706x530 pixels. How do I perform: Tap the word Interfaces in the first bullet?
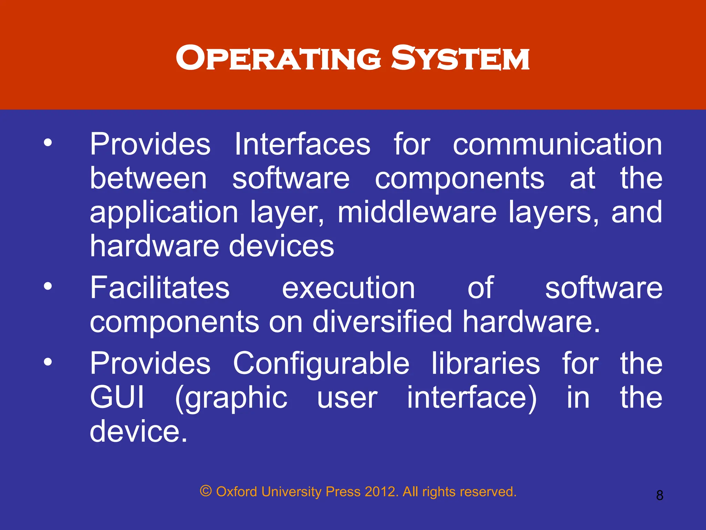[302, 144]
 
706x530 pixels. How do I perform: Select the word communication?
[557, 144]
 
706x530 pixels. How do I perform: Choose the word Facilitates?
[160, 288]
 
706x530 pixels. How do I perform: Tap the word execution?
[348, 288]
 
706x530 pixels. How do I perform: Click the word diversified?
[382, 322]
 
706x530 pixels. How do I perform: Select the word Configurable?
[321, 364]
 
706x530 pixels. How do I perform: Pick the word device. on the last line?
[139, 431]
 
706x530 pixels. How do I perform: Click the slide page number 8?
[659, 495]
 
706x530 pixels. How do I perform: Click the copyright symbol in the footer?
[205, 491]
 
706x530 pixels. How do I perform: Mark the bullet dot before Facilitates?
[48, 286]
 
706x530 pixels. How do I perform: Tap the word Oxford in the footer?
[236, 492]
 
